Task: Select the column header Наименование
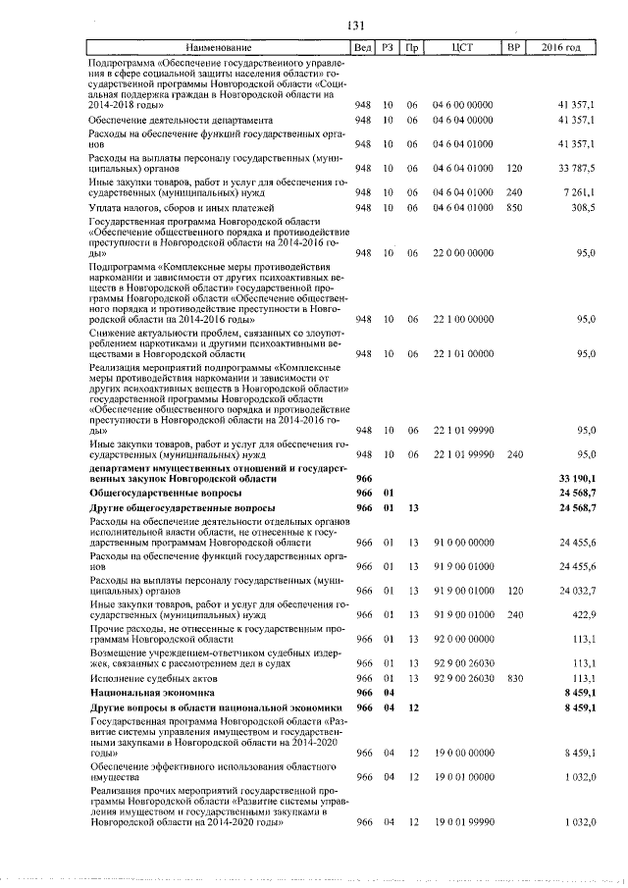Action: click(x=218, y=47)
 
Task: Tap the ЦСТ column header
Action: click(x=463, y=47)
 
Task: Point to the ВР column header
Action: click(x=512, y=47)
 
